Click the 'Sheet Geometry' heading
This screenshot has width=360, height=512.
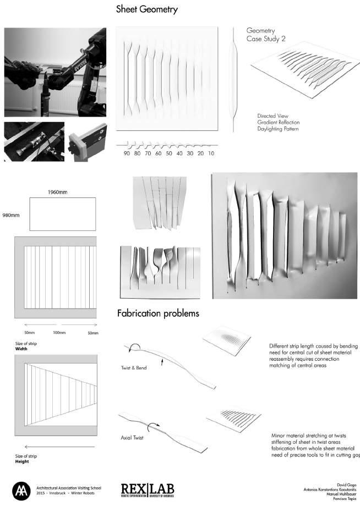click(x=147, y=10)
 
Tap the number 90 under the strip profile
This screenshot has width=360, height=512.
click(x=127, y=154)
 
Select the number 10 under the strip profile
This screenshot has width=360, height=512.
click(x=211, y=154)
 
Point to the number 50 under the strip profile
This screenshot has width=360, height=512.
click(x=169, y=154)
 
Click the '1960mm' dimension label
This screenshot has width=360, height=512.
click(x=61, y=192)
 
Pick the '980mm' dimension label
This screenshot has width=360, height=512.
click(x=12, y=214)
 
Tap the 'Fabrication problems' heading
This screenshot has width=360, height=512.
click(x=158, y=314)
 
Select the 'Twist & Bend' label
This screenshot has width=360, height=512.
click(x=134, y=367)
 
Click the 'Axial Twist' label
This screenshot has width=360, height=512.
click(x=133, y=438)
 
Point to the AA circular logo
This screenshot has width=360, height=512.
click(x=21, y=489)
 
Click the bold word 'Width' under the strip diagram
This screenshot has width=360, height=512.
click(x=21, y=349)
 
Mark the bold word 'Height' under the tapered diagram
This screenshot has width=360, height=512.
click(x=23, y=461)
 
